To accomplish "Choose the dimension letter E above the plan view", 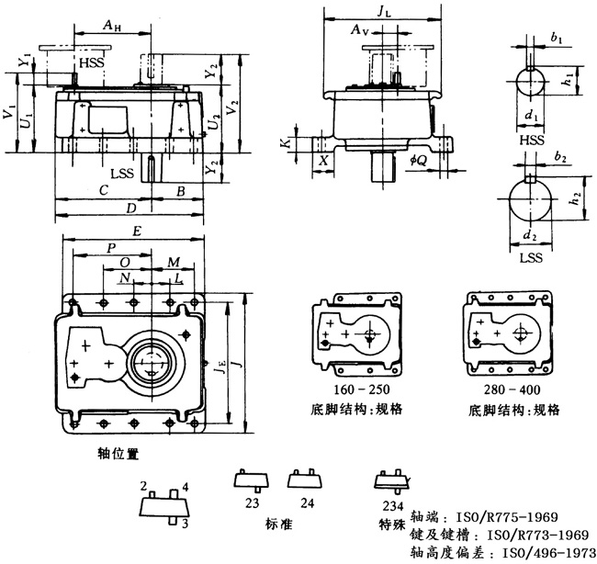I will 136,233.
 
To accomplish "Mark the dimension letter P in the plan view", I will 110,248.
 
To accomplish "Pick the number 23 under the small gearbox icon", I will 253,503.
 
